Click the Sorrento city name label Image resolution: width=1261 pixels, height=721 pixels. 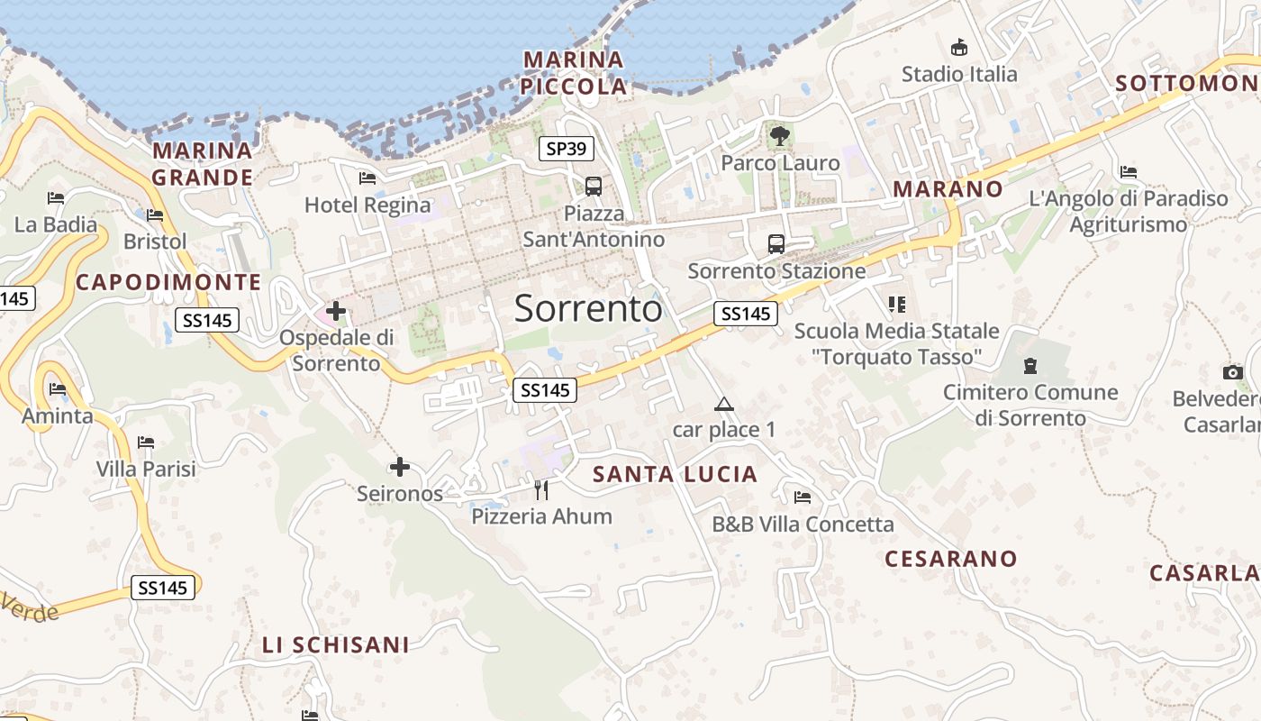pyautogui.click(x=588, y=309)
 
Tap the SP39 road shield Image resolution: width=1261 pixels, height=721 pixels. pyautogui.click(x=567, y=149)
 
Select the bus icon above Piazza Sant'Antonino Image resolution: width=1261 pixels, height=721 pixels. pyautogui.click(x=594, y=187)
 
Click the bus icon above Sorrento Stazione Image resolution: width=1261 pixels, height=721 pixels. pyautogui.click(x=776, y=243)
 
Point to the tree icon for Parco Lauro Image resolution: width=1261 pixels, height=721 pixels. pyautogui.click(x=780, y=137)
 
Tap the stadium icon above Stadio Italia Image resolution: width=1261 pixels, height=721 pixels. pyautogui.click(x=959, y=48)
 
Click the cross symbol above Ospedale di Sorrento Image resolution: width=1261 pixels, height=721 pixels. pyautogui.click(x=336, y=312)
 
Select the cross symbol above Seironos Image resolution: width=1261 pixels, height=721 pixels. pyautogui.click(x=400, y=467)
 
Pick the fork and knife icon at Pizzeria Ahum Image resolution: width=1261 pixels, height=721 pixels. pyautogui.click(x=541, y=489)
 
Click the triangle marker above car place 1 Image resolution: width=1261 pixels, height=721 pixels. pyautogui.click(x=723, y=404)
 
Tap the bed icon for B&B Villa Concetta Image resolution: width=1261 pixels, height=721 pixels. pyautogui.click(x=803, y=497)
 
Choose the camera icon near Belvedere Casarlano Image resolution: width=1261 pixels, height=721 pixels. pyautogui.click(x=1233, y=372)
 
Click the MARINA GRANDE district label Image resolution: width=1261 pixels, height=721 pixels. pyautogui.click(x=203, y=163)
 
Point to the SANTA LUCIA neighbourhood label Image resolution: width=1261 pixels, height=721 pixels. pyautogui.click(x=676, y=474)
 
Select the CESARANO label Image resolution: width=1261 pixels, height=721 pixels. pyautogui.click(x=950, y=559)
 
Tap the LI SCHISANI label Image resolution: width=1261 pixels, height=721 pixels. pyautogui.click(x=335, y=645)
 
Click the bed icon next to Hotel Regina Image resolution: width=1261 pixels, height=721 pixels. pyautogui.click(x=367, y=178)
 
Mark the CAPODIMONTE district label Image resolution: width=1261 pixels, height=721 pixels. pyautogui.click(x=168, y=282)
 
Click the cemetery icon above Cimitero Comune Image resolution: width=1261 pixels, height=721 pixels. pyautogui.click(x=1030, y=366)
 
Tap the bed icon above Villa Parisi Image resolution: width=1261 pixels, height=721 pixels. pyautogui.click(x=146, y=443)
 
